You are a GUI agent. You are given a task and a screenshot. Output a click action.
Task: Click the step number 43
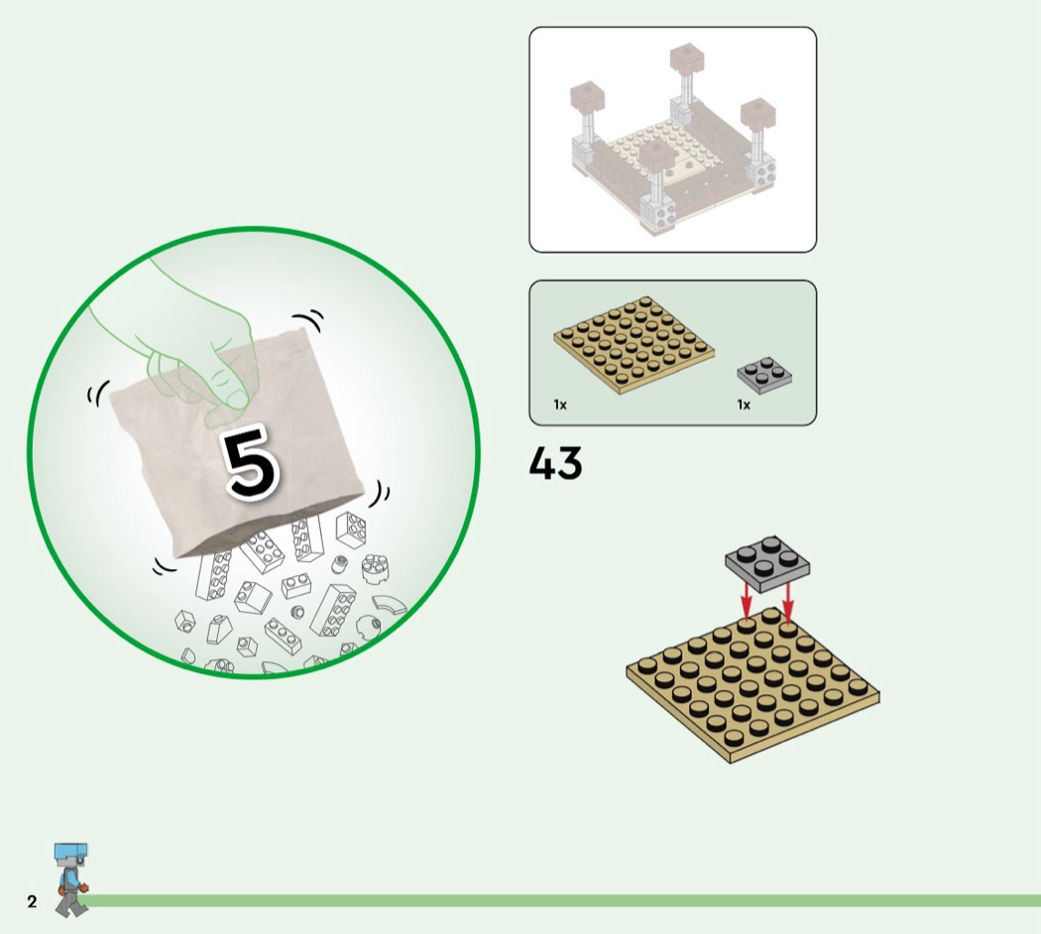tap(555, 462)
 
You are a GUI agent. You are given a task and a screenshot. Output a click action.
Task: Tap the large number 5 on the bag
tap(250, 461)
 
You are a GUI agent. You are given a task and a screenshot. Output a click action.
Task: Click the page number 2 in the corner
tap(32, 901)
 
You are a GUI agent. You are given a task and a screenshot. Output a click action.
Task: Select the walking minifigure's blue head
tap(70, 854)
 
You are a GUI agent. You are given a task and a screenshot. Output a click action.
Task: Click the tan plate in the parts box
tap(635, 344)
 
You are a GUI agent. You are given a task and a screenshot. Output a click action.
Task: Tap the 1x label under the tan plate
tap(560, 405)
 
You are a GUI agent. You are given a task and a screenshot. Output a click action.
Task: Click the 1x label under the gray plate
tap(744, 405)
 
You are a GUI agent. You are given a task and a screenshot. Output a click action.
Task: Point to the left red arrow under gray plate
tap(747, 600)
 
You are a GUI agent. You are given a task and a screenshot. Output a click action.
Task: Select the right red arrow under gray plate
tap(788, 600)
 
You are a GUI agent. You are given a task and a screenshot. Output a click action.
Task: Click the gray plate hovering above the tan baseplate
tap(767, 563)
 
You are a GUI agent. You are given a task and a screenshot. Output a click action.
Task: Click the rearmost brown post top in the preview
tap(686, 59)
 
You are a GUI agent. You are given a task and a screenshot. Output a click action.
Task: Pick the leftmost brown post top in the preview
tap(588, 97)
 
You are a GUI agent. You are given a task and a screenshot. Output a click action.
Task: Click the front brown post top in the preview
tap(656, 155)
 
